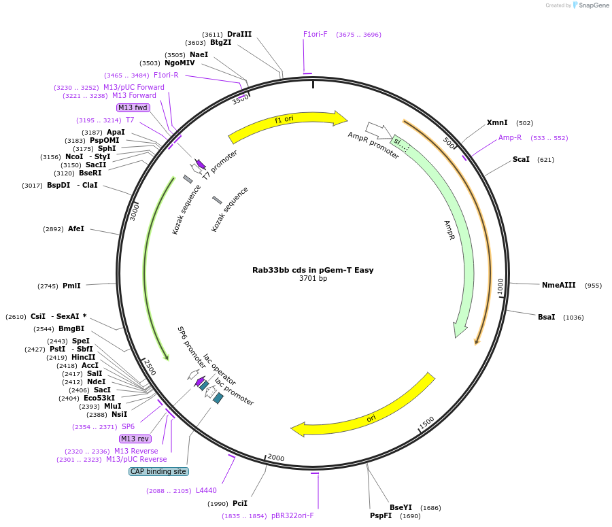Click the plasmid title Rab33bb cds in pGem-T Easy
click(313, 270)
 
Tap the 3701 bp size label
click(313, 279)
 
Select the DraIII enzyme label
click(239, 34)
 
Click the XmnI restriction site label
click(497, 123)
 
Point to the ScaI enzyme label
click(521, 160)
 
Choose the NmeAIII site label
click(558, 285)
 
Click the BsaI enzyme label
click(546, 317)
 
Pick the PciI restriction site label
click(240, 503)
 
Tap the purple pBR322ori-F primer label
click(292, 515)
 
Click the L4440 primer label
click(206, 490)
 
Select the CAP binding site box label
click(158, 471)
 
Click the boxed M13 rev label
click(135, 439)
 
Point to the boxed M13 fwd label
click(133, 107)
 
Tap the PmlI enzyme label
click(71, 286)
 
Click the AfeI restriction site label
click(76, 229)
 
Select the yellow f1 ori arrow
click(286, 122)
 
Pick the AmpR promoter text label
click(373, 146)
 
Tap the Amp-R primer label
click(510, 137)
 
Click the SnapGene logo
click(589, 5)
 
